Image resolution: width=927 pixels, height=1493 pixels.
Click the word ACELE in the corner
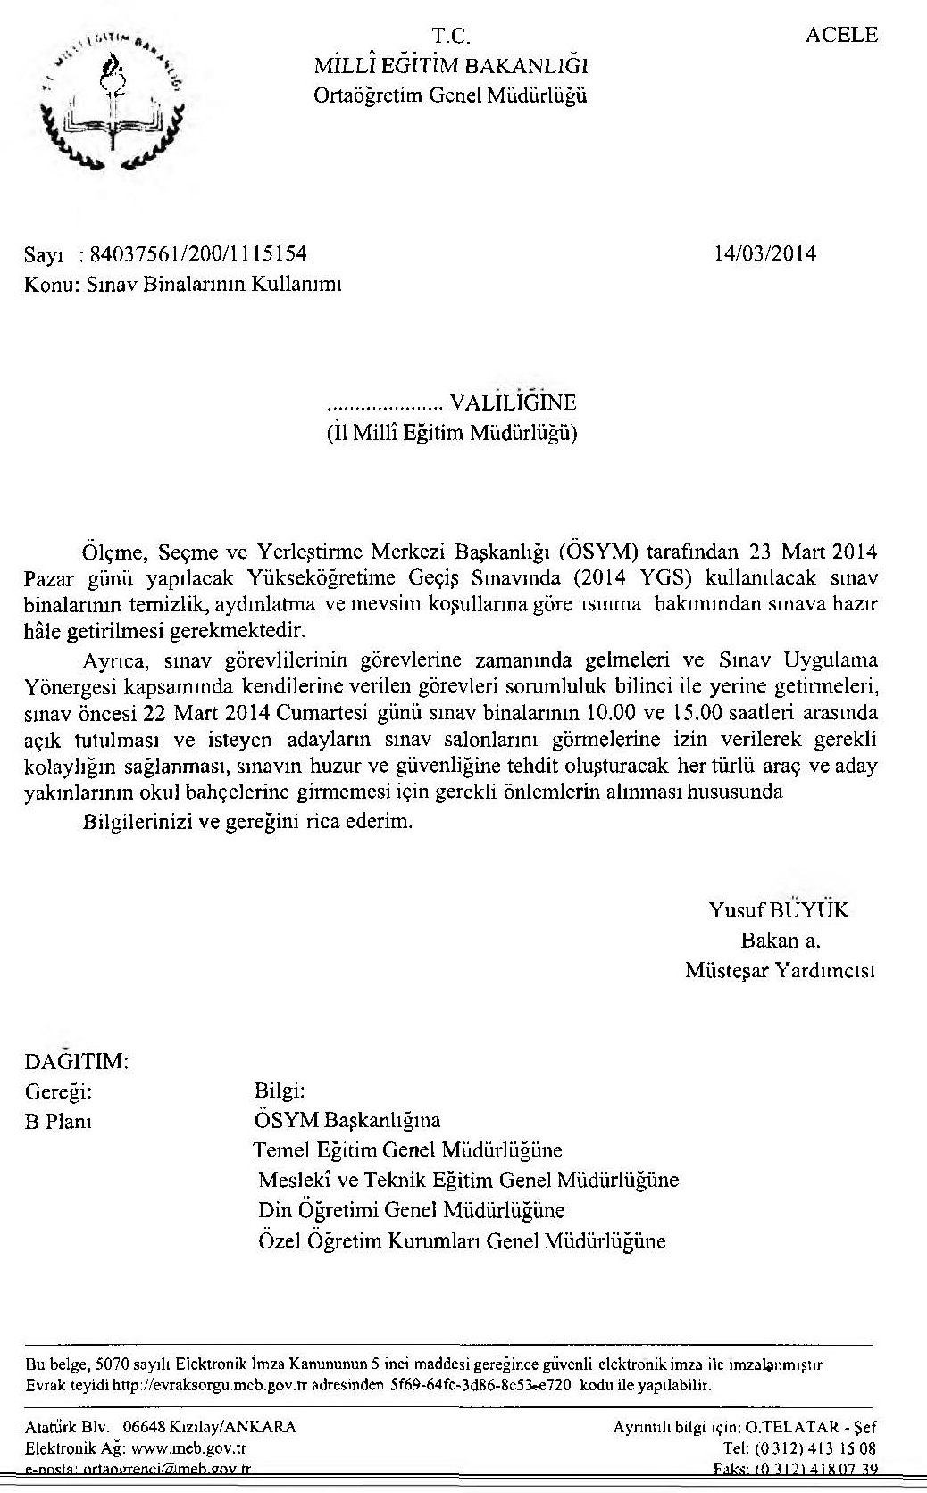[x=841, y=36]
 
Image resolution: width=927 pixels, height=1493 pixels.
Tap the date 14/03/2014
[x=765, y=253]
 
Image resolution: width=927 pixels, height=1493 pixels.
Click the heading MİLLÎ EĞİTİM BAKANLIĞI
[x=450, y=65]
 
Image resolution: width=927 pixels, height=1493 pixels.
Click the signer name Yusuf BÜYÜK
[x=779, y=910]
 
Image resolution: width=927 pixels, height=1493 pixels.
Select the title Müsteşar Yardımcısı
[x=780, y=970]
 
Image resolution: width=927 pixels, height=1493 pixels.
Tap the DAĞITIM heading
[x=77, y=1062]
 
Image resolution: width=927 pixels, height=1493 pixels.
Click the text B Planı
[x=58, y=1122]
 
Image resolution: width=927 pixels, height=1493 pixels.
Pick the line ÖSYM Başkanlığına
[x=347, y=1120]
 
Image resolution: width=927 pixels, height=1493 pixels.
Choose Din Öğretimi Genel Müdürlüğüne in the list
[x=412, y=1210]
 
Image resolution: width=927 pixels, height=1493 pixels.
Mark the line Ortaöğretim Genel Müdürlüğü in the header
[x=450, y=95]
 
